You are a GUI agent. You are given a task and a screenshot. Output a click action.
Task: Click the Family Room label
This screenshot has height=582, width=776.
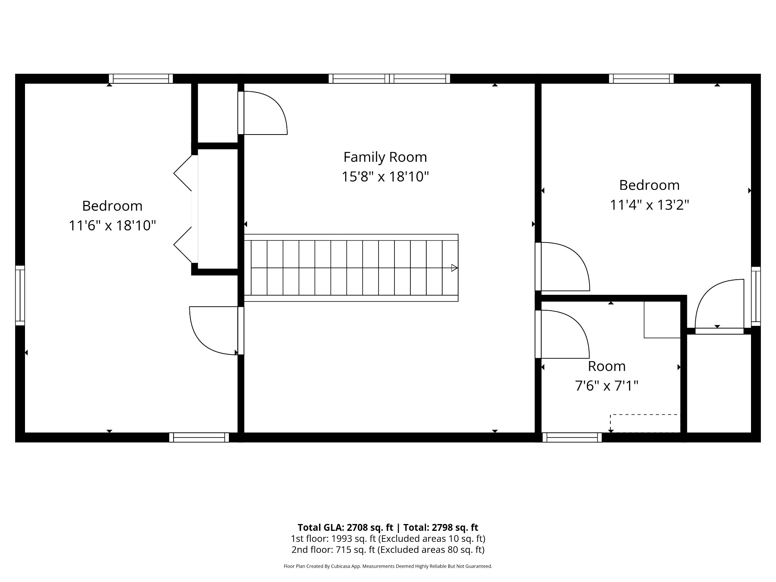click(385, 157)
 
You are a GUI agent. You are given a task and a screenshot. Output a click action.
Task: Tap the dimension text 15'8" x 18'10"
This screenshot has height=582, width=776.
click(385, 177)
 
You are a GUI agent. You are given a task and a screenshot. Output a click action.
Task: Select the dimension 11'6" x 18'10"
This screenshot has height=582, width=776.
click(112, 226)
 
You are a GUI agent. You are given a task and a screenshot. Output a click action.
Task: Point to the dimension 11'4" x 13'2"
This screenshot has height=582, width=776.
click(649, 205)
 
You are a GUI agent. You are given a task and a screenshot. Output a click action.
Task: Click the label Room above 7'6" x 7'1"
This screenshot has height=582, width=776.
click(607, 366)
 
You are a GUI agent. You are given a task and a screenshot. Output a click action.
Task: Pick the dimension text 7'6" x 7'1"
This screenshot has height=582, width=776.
click(607, 386)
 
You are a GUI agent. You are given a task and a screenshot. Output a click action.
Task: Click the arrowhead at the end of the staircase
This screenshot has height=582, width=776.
click(454, 268)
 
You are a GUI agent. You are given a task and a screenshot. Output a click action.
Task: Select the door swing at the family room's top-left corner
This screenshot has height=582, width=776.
click(263, 113)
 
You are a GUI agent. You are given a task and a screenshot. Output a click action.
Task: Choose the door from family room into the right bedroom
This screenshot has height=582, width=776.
click(562, 266)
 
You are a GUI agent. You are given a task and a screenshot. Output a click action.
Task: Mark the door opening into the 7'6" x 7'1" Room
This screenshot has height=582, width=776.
click(562, 334)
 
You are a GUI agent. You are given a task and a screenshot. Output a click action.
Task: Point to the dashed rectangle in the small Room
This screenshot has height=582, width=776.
click(645, 423)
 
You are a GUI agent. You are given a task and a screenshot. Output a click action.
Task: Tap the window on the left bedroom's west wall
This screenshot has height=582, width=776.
click(20, 296)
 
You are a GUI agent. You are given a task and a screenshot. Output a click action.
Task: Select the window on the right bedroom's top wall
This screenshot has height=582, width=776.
click(641, 79)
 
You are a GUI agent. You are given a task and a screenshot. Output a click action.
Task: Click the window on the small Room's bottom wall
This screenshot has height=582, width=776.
click(572, 437)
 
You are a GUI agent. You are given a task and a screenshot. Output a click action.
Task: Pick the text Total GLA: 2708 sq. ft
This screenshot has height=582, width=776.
click(345, 527)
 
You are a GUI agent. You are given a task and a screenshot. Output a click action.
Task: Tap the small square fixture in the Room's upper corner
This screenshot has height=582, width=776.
click(662, 319)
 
